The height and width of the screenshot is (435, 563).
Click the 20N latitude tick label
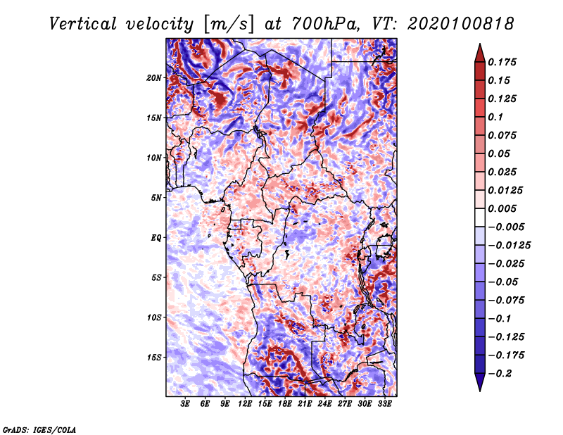pyautogui.click(x=155, y=77)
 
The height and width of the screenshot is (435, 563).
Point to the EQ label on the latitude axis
pyautogui.click(x=156, y=237)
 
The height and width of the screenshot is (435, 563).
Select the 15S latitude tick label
pyautogui.click(x=155, y=357)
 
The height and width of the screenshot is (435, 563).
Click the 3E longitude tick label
pyautogui.click(x=186, y=405)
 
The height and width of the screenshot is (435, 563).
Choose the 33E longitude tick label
pyautogui.click(x=384, y=405)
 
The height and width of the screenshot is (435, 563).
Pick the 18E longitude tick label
pyautogui.click(x=285, y=405)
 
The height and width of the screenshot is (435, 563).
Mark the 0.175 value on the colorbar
pyautogui.click(x=504, y=62)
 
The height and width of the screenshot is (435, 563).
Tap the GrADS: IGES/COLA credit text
pyautogui.click(x=39, y=429)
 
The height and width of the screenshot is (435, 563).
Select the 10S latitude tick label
pyautogui.click(x=155, y=317)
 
